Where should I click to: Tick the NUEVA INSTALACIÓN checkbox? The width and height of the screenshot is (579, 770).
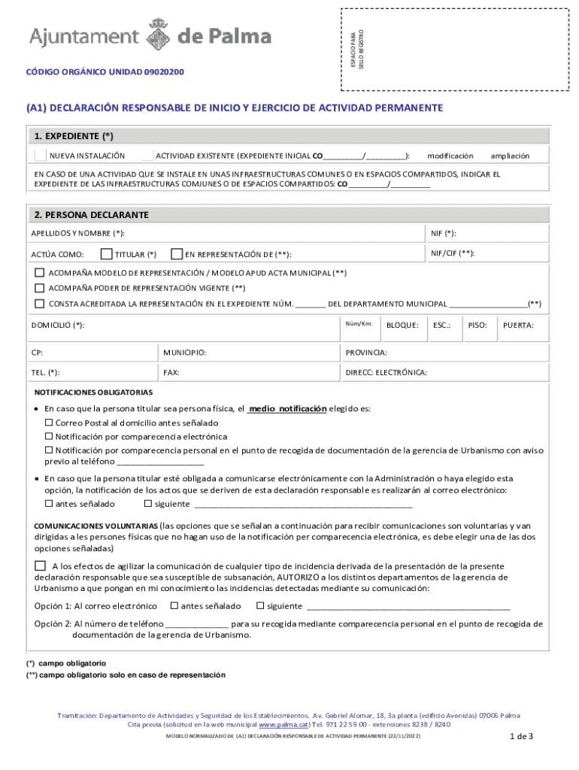tap(40, 156)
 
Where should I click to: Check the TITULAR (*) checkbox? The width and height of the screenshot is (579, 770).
tap(106, 254)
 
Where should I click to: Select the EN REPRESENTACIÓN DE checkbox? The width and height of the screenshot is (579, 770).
tap(177, 254)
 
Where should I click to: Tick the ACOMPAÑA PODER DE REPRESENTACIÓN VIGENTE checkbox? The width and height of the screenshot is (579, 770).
tap(40, 288)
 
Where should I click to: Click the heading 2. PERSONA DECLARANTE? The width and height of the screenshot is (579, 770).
tap(92, 215)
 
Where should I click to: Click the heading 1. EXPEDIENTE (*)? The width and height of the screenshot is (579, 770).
tap(74, 136)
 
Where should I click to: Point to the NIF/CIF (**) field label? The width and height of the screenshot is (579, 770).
tap(452, 253)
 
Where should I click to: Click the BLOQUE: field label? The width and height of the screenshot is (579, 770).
tap(402, 325)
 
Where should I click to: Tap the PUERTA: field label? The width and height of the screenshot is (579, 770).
tap(518, 325)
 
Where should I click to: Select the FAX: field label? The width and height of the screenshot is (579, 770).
tap(171, 372)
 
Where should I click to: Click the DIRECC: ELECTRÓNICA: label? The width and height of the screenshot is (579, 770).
tap(386, 372)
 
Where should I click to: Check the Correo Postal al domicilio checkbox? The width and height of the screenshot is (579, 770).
tap(49, 423)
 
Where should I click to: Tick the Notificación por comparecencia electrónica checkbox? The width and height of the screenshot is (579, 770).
tap(49, 436)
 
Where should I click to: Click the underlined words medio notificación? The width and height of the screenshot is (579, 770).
tap(287, 409)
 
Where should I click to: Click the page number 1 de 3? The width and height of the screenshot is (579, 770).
tap(520, 736)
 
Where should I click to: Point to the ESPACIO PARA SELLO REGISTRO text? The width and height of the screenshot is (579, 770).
tap(358, 49)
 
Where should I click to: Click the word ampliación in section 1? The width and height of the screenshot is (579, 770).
tap(510, 156)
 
